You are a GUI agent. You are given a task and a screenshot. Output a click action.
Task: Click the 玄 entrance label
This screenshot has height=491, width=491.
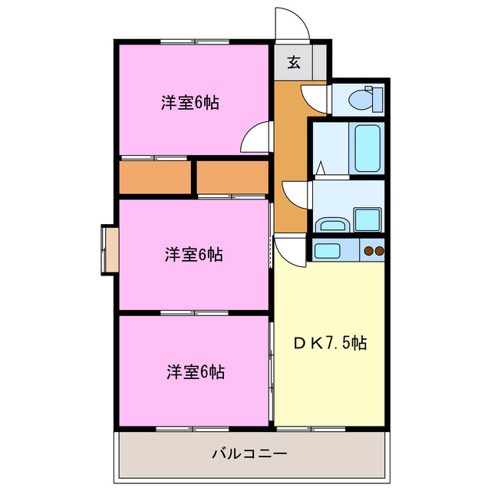coord(294,63)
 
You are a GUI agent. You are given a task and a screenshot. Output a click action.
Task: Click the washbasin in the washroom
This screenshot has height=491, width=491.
coord(331,225)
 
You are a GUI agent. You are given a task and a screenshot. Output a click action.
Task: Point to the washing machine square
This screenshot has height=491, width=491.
coord(367,219)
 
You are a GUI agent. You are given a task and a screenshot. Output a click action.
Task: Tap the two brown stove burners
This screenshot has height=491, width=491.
coord(373,250)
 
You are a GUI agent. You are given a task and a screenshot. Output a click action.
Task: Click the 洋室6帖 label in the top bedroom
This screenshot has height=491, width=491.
coord(189,103)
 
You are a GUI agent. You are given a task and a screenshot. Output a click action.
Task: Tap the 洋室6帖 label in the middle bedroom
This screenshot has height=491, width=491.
coord(193,255)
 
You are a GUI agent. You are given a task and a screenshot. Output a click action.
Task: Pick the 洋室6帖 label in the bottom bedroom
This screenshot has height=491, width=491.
coord(195,372)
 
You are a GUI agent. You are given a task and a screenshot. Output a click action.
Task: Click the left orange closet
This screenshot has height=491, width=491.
coord(155,176)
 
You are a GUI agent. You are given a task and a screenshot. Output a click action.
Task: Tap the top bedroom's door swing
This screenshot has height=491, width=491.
coord(255,139)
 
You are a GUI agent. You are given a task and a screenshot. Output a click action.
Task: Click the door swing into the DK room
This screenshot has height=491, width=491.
coord(291,249)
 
